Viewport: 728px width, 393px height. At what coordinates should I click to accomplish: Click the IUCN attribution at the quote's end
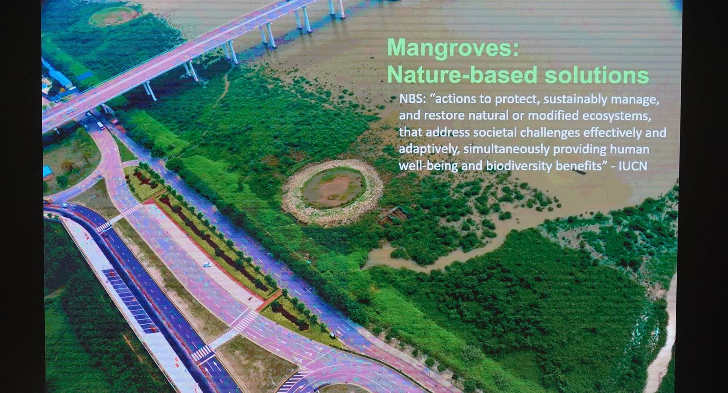click(x=633, y=166)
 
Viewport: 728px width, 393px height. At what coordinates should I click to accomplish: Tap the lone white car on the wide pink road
click(x=207, y=265)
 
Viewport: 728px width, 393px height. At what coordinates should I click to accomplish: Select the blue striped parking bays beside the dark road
click(x=130, y=301)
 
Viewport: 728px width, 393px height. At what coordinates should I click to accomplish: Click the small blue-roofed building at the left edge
click(x=48, y=171)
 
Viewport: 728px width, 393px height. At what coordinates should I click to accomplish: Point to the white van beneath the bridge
click(x=100, y=125)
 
